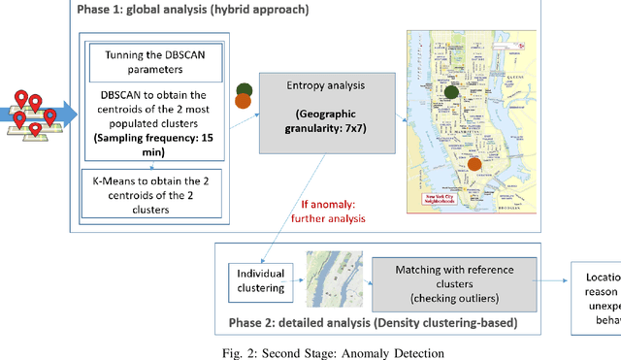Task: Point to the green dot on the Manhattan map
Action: point(451,93)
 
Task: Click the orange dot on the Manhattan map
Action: point(474,165)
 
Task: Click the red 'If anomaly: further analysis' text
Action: point(331,212)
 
